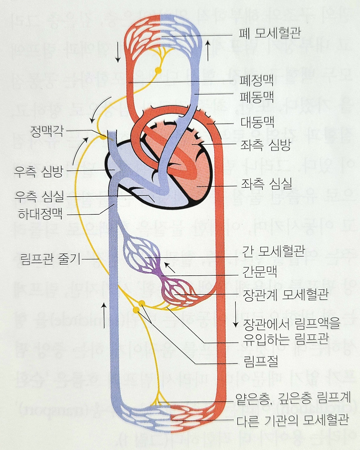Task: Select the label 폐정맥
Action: click(257, 81)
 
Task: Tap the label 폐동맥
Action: click(257, 97)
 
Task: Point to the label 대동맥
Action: click(257, 122)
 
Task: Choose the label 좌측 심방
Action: click(266, 145)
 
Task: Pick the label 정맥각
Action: click(47, 131)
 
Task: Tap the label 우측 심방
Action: click(39, 172)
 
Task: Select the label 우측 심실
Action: click(39, 196)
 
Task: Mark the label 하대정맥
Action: click(41, 214)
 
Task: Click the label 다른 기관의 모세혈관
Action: click(292, 420)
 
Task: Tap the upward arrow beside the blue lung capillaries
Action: click(208, 50)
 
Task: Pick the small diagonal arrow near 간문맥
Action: click(170, 267)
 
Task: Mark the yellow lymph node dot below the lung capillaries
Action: click(158, 70)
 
